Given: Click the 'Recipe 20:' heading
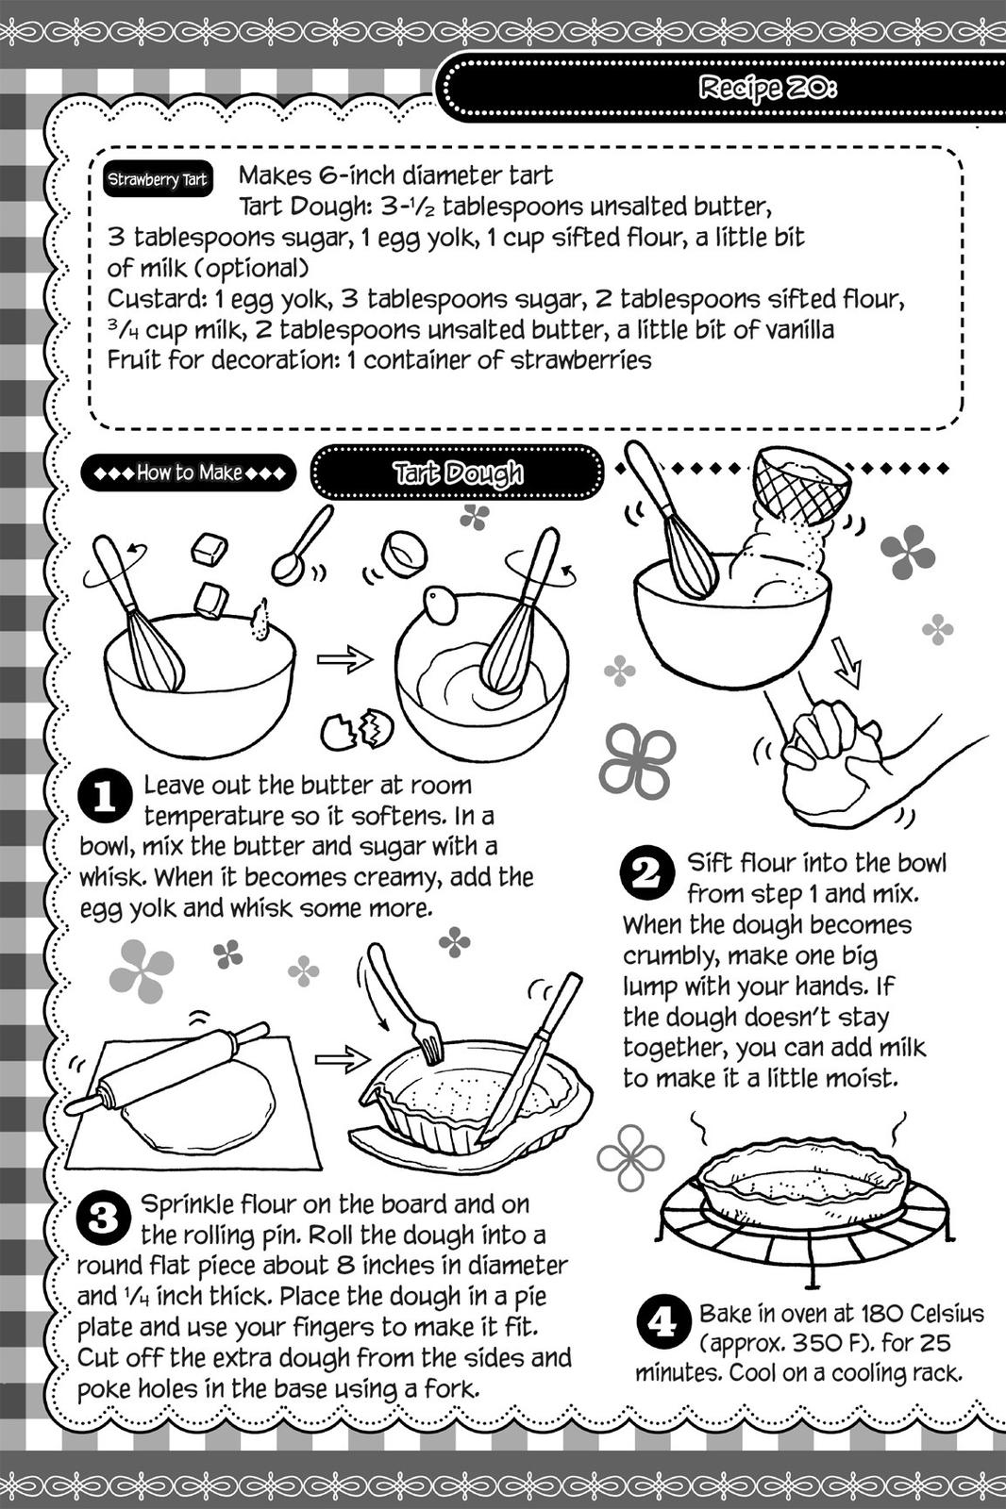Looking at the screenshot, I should [x=766, y=88].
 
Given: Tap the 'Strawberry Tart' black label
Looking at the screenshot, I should [x=157, y=179].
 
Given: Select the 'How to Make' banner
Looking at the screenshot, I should [x=189, y=473].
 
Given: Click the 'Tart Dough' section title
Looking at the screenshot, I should [x=457, y=473].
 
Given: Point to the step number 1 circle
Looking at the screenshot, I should [x=104, y=798].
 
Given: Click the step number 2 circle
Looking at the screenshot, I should [x=646, y=872].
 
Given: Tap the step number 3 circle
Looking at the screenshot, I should [x=102, y=1218].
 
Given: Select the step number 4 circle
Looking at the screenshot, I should [x=662, y=1322].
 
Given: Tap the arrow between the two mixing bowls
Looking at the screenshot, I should [x=344, y=660].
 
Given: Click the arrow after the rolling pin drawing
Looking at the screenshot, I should [x=341, y=1060].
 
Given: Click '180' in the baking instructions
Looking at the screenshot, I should [x=885, y=1313].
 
